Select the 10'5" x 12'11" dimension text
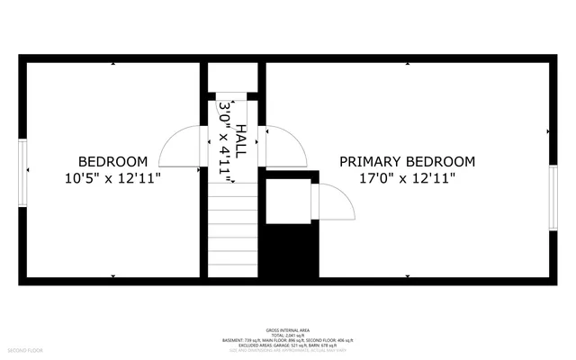(112, 178)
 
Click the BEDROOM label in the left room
(112, 161)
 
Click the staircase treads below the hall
(234, 229)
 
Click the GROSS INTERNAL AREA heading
(288, 330)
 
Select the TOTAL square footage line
(288, 336)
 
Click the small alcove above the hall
(233, 76)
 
